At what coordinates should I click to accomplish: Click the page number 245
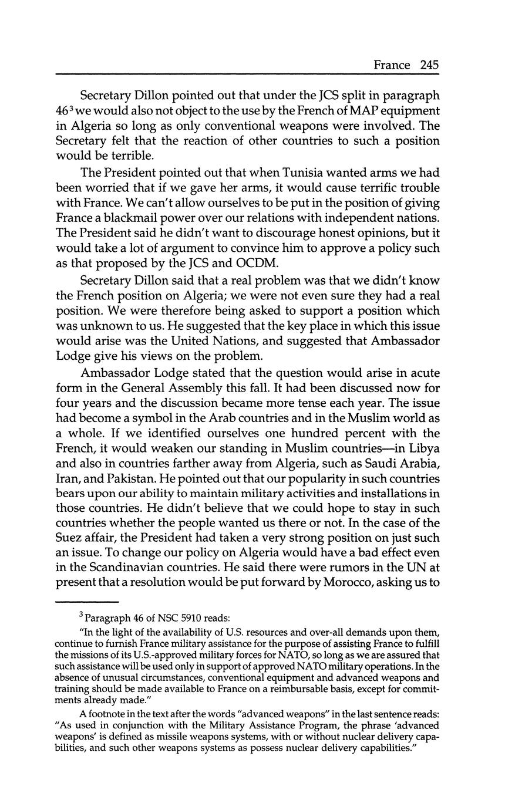coord(429,65)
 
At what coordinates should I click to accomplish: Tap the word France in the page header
coord(392,65)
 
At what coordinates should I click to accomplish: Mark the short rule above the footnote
coord(87,602)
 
